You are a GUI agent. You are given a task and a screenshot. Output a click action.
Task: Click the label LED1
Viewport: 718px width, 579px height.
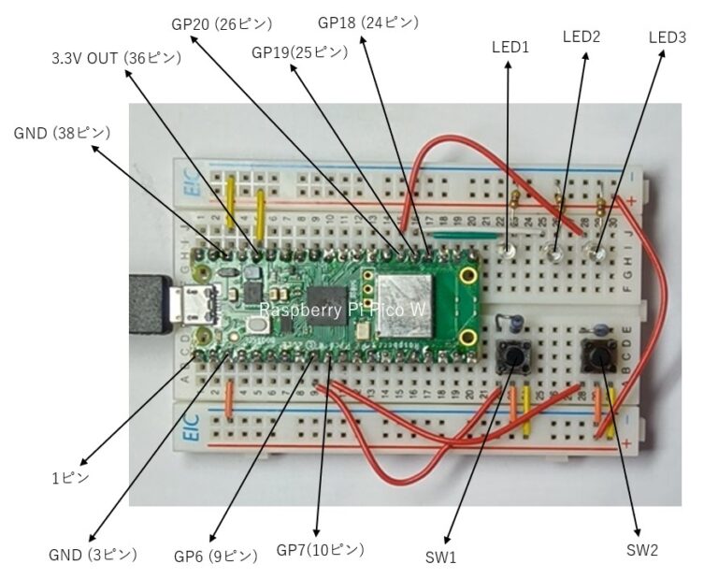(x=510, y=46)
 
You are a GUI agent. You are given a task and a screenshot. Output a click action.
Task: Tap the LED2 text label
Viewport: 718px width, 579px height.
(x=582, y=36)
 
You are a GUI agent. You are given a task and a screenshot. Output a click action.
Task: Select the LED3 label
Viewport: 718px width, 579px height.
(x=667, y=37)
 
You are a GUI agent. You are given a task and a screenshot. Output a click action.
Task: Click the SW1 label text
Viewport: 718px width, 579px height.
(x=439, y=557)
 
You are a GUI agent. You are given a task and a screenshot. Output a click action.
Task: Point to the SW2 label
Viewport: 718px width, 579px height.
(x=641, y=550)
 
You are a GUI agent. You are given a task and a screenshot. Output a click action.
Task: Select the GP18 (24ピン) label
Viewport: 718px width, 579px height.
(x=355, y=22)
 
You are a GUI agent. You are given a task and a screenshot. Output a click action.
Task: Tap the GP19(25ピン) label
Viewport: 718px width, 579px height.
(x=299, y=51)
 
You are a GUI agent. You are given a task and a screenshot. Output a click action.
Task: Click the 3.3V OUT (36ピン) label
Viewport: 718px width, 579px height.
(x=115, y=58)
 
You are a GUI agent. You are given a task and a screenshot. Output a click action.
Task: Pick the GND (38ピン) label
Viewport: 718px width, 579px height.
(x=62, y=133)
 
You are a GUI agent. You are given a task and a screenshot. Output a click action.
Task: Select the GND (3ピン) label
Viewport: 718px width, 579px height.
(x=93, y=554)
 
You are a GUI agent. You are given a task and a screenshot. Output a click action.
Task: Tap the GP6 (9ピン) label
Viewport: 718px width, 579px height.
(x=215, y=555)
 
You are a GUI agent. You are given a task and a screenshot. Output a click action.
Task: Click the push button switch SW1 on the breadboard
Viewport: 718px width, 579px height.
(x=513, y=355)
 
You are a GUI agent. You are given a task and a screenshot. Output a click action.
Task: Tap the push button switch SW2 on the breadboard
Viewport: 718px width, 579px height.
(x=597, y=356)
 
